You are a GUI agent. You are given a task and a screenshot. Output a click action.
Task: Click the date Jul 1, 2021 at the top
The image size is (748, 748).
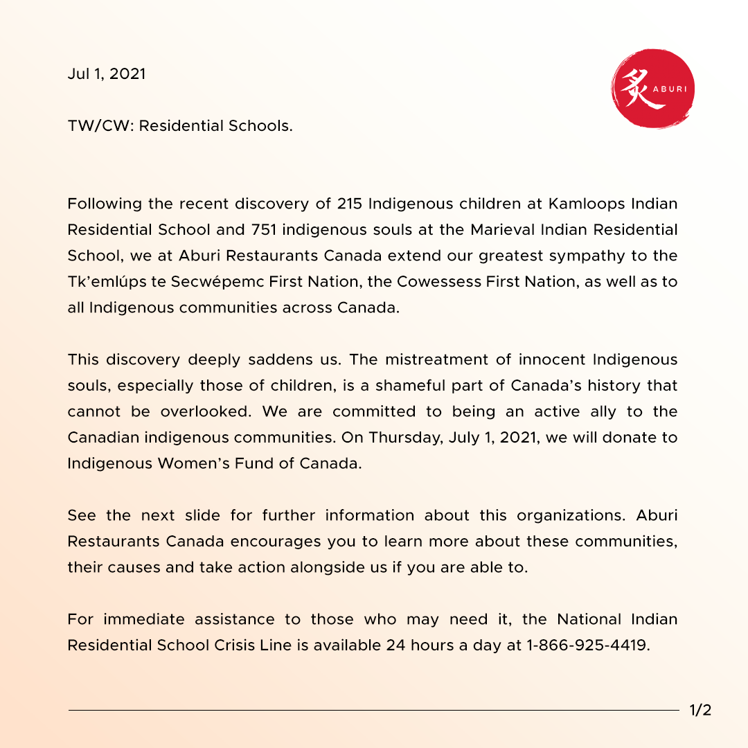[107, 74]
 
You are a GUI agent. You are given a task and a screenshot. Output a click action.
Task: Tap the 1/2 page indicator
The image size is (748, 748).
[700, 711]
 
